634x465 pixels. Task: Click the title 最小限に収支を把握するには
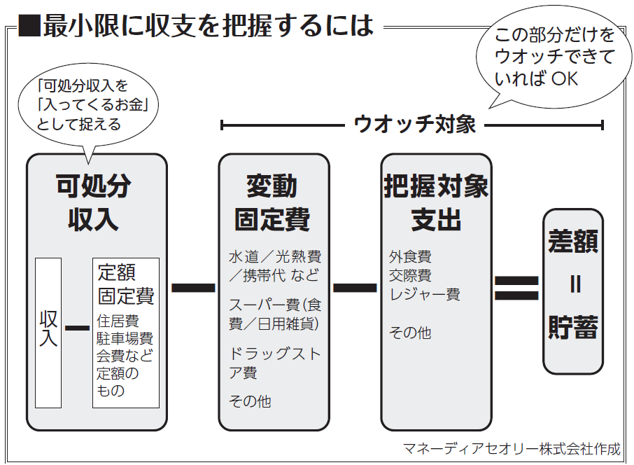point(208,27)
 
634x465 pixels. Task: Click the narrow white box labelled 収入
point(48,333)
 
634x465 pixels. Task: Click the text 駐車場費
point(125,338)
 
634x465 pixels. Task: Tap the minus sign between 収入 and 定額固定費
point(76,328)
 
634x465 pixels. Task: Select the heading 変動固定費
point(272,202)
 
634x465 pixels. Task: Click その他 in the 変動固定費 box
point(250,401)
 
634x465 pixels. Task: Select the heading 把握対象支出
point(436,202)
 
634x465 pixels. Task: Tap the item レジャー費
point(425,294)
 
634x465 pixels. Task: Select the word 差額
point(573,242)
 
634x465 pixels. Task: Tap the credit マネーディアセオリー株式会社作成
point(512,448)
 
